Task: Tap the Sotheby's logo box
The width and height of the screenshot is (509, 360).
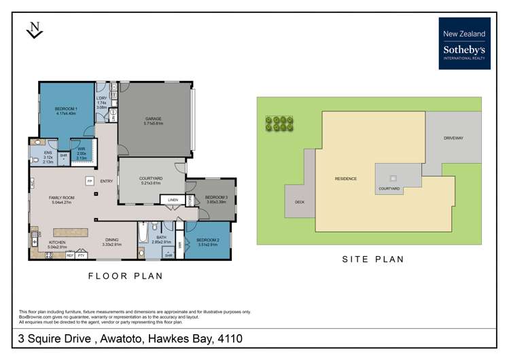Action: [x=464, y=43]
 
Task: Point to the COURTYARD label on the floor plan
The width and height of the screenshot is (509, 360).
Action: [x=150, y=179]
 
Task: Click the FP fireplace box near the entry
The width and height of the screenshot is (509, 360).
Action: [x=89, y=181]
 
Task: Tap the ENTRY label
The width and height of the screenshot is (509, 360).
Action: [x=107, y=181]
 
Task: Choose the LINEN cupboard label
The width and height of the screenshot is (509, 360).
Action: [x=173, y=200]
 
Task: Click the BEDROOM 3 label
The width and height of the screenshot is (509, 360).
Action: [x=216, y=198]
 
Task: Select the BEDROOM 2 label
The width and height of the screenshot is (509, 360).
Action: [x=207, y=240]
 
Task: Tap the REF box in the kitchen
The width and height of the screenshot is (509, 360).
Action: [x=70, y=255]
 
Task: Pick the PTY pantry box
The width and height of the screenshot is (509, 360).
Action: [x=82, y=255]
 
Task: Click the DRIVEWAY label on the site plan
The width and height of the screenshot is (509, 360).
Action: [x=453, y=138]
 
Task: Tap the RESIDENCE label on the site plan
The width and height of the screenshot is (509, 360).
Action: [x=346, y=179]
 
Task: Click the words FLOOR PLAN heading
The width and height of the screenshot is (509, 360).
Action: [x=126, y=276]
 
